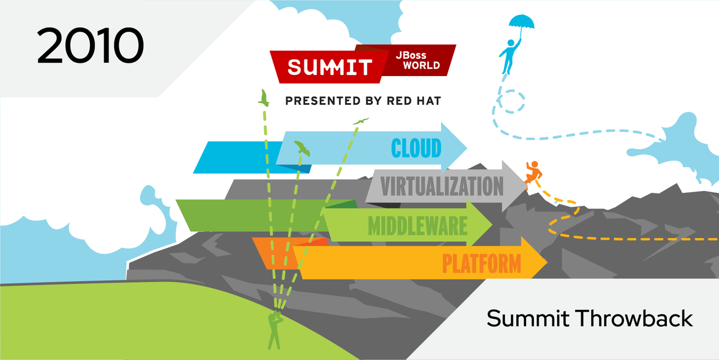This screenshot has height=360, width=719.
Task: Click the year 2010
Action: (x=90, y=46)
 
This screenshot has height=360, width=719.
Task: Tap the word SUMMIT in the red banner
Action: (x=330, y=66)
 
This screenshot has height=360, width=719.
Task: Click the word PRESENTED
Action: (x=316, y=101)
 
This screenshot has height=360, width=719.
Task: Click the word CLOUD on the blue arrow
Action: (x=416, y=147)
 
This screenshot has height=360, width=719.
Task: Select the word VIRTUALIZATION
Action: (x=442, y=186)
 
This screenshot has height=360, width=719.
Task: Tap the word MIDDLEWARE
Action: (x=417, y=226)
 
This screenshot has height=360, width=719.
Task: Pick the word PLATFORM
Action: (x=481, y=263)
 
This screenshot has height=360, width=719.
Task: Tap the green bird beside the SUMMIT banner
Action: (x=263, y=98)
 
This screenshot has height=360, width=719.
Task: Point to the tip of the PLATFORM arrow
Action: (x=546, y=263)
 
